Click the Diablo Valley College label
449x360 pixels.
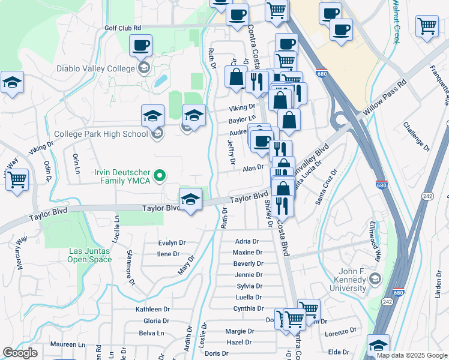pos(95,68)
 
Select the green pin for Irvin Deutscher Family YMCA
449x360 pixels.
pos(160,176)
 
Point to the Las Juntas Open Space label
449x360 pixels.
pos(90,255)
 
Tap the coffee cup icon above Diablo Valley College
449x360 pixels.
pos(141,45)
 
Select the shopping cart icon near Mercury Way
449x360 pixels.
pos(17,179)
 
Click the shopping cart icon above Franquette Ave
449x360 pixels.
pos(427,25)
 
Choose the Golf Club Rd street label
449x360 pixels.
pos(122,28)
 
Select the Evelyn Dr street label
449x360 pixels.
pos(172,243)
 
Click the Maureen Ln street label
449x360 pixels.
pos(67,344)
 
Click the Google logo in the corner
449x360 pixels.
pos(20,353)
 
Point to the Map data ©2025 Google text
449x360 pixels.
pos(412,355)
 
